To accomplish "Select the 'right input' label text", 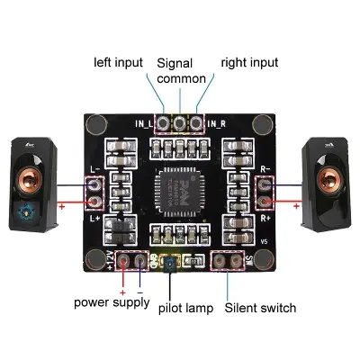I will (x=249, y=62).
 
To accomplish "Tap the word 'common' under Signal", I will (x=181, y=78).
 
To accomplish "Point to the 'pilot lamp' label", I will (x=187, y=309).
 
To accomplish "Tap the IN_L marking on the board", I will (x=146, y=122).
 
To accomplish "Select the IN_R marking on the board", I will (x=215, y=122).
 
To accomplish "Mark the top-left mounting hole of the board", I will (x=95, y=124).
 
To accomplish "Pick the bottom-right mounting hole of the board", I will (x=263, y=259).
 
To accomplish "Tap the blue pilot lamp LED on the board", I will (x=171, y=263).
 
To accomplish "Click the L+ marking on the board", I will (x=96, y=219).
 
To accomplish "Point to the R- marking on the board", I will (x=265, y=167).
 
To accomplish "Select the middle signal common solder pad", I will (x=180, y=122).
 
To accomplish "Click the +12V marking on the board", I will (x=112, y=260).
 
